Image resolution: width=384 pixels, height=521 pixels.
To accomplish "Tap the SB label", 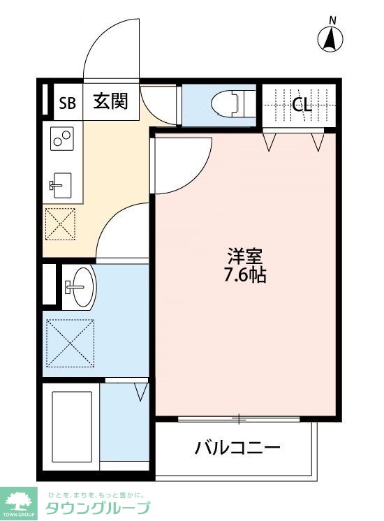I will point(67,104).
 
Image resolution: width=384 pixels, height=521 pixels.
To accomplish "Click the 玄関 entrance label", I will point(110,102).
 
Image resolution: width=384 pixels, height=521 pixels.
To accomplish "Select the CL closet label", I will point(302,105).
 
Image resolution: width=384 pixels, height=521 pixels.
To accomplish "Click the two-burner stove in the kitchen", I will point(62,139).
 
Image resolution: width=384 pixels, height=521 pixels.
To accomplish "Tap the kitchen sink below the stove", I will point(61,185).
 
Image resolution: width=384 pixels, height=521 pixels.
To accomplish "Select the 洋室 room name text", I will point(244,256).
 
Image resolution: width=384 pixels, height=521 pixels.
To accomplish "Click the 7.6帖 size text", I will point(244,275).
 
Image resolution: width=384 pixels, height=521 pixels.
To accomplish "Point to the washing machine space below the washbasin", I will point(69,343).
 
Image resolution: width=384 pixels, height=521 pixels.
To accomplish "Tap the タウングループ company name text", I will point(98,508).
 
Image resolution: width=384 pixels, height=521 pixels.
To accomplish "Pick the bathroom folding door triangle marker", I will point(141,390).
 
